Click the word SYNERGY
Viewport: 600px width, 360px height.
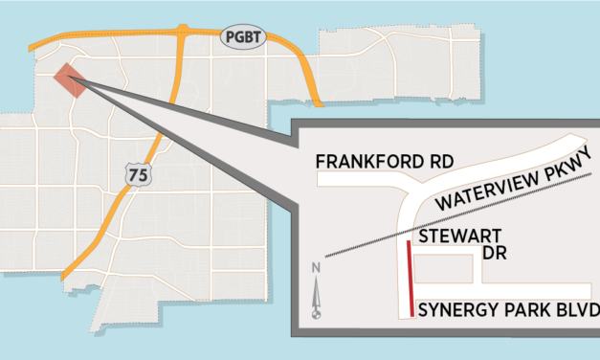click(x=454, y=310)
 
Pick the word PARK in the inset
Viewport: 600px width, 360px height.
click(x=522, y=310)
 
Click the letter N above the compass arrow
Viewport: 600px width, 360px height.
click(x=317, y=269)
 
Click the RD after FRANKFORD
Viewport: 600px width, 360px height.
click(x=436, y=162)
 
